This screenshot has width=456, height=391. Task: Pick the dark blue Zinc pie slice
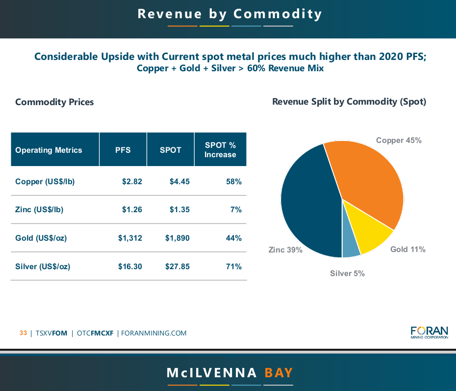point(309,206)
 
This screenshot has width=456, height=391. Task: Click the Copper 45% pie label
point(399,140)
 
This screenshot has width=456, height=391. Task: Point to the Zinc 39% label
point(285,250)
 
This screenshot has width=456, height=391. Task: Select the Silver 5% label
point(347,273)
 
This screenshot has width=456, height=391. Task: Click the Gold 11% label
point(407,250)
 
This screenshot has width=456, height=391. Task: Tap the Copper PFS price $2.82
point(132,182)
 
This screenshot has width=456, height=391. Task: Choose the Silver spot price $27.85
point(177,267)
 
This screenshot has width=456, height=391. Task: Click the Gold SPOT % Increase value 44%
point(234,238)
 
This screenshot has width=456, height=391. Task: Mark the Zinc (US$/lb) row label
point(39,210)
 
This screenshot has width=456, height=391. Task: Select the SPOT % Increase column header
point(220,150)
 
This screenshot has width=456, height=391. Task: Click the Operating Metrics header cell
point(49,150)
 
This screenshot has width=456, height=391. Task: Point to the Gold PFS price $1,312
point(130,238)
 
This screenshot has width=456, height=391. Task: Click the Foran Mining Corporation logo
point(429,332)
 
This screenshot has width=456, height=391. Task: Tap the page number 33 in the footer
point(23,333)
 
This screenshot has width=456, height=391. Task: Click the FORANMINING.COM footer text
point(153,333)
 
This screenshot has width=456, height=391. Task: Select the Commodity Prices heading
point(54,102)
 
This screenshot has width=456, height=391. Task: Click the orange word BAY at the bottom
point(279,372)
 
